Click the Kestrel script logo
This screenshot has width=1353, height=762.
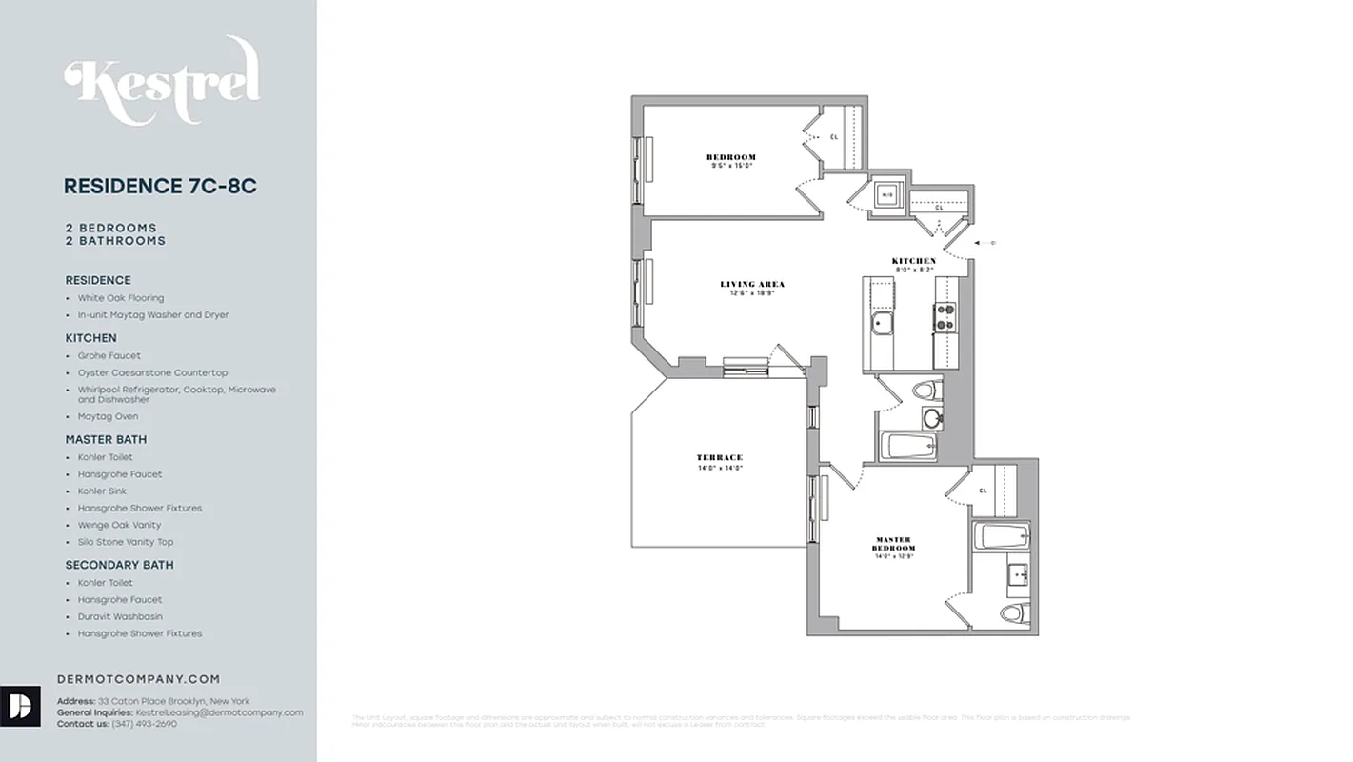162,81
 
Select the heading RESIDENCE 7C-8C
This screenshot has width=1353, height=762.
160,187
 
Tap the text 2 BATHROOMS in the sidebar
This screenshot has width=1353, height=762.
115,241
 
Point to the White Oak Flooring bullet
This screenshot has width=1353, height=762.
121,298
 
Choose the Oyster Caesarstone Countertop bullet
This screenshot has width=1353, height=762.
152,372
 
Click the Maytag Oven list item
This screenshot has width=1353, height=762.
108,416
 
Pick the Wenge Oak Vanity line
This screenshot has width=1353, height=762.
119,525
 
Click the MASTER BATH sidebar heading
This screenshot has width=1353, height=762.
106,439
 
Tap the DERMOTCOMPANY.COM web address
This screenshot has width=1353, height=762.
139,679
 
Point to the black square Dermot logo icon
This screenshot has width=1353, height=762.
20,706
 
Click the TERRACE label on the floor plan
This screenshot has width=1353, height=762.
719,458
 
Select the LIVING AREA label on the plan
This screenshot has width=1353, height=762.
752,284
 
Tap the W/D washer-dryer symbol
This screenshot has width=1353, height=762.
886,194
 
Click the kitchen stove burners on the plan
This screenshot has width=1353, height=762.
945,317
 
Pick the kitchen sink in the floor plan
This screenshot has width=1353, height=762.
881,324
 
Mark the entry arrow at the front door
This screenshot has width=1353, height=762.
986,243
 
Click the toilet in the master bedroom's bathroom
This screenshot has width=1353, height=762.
1013,612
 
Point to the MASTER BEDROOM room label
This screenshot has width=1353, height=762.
893,544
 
